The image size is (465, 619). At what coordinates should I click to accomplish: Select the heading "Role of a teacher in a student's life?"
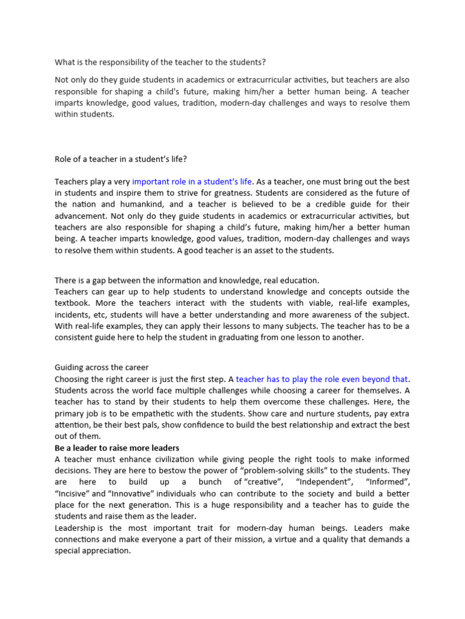coord(121,159)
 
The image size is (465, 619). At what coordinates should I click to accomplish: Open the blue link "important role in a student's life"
coord(192,181)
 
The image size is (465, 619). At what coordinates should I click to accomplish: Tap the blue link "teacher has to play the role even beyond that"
coord(322,379)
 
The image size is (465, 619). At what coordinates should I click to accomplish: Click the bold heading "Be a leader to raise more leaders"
coord(117,448)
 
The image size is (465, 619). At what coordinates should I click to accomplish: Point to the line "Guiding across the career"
coord(102,368)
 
